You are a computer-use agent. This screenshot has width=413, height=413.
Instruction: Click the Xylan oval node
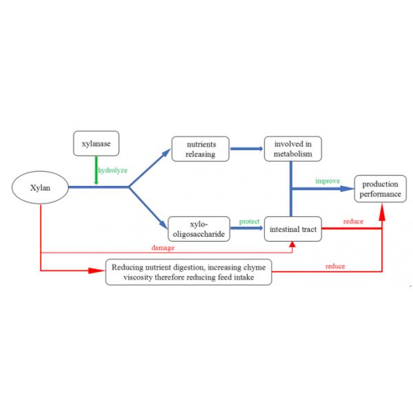tap(41, 187)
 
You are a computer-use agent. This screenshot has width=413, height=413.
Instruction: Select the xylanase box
tap(96, 143)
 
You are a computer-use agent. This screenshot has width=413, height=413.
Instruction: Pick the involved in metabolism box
tap(293, 149)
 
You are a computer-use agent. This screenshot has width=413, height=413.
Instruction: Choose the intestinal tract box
tap(293, 229)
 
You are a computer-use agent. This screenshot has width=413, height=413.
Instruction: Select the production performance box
tap(380, 189)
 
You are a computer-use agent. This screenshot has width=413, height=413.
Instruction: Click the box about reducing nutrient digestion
tap(188, 272)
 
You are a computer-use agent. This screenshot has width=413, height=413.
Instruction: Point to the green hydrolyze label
tap(112, 170)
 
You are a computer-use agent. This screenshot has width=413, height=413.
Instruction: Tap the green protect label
tap(248, 222)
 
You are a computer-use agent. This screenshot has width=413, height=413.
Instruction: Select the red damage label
tap(163, 246)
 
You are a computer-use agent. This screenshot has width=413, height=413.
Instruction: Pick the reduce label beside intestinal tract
tap(353, 222)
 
